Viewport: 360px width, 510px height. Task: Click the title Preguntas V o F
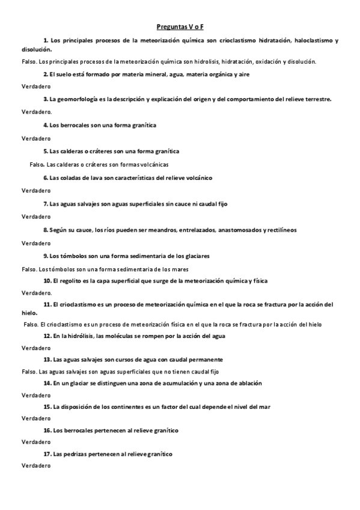pos(180,27)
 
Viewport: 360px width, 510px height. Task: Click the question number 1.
pos(46,40)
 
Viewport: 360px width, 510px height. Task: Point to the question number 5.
pos(46,152)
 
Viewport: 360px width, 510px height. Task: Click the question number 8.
pos(46,230)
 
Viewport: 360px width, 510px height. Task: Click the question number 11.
pos(47,304)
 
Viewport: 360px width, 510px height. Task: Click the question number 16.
pos(47,431)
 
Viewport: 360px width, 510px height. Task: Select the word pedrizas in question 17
pos(75,454)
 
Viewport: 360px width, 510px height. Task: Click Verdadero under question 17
pos(36,466)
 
